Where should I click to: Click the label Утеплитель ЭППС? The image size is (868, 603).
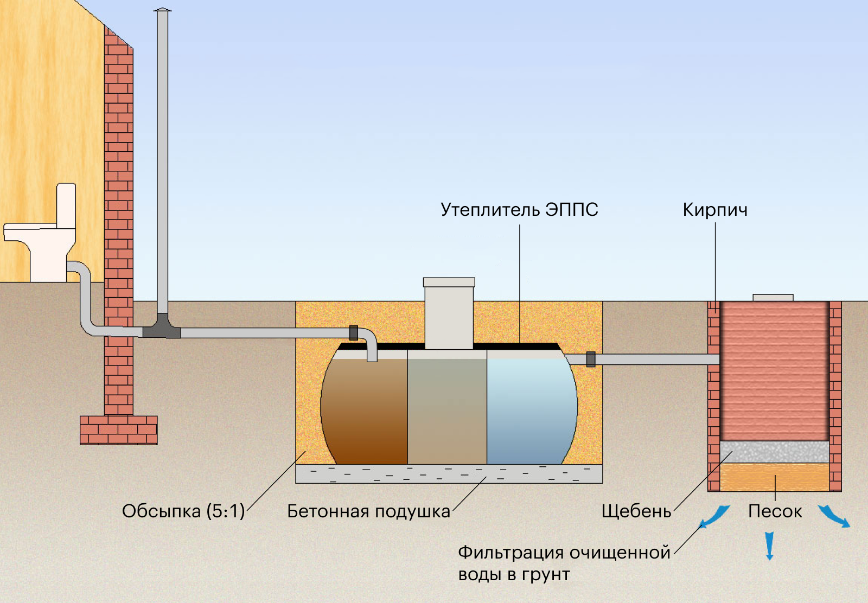pyautogui.click(x=519, y=210)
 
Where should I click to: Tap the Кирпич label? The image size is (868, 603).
pyautogui.click(x=714, y=210)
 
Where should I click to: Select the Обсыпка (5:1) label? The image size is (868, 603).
pyautogui.click(x=183, y=511)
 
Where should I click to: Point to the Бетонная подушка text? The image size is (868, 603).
pyautogui.click(x=368, y=511)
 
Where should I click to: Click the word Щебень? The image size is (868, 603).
pyautogui.click(x=636, y=511)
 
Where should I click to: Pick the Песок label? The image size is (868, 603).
pyautogui.click(x=775, y=511)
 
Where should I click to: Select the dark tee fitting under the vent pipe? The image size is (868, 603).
pyautogui.click(x=162, y=328)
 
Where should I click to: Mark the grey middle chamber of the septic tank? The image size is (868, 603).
pyautogui.click(x=446, y=412)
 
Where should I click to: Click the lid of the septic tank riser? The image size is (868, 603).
pyautogui.click(x=449, y=282)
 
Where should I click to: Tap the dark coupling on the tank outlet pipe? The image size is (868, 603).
pyautogui.click(x=591, y=360)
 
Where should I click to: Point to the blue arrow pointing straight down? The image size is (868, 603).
pyautogui.click(x=769, y=546)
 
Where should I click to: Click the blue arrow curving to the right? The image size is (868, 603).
pyautogui.click(x=834, y=516)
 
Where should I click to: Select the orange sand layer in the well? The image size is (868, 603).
pyautogui.click(x=774, y=477)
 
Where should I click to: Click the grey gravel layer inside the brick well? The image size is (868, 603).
pyautogui.click(x=774, y=451)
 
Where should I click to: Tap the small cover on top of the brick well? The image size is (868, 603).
pyautogui.click(x=773, y=298)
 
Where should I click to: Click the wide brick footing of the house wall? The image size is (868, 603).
pyautogui.click(x=118, y=430)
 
